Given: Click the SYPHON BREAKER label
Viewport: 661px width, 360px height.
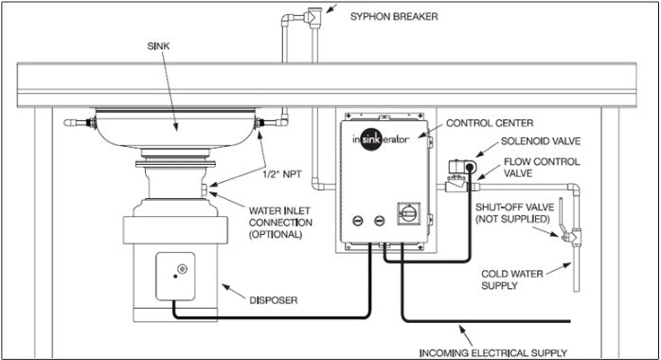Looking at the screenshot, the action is coord(394,17).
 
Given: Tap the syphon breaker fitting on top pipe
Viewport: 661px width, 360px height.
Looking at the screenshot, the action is coord(313,16).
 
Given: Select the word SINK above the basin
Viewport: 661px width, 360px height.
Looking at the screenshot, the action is coord(158,46).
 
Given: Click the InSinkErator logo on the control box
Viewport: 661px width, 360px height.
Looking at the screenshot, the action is coord(381,139).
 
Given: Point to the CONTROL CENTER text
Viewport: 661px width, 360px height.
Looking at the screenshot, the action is coord(490,123).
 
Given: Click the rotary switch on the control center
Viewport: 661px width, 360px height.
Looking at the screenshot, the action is coord(408,213).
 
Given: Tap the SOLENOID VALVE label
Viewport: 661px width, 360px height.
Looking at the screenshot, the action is coord(541,141).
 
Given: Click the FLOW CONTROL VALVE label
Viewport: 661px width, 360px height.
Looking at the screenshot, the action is coord(542,168).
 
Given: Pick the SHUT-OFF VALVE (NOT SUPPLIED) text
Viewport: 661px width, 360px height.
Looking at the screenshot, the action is coord(515,213).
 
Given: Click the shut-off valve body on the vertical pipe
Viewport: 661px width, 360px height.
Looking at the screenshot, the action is coord(573,236).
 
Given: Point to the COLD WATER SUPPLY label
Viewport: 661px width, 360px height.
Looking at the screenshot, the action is coord(511,279).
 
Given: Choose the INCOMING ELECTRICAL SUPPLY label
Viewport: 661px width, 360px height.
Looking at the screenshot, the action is coord(492,352).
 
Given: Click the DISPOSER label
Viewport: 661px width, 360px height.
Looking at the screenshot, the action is coord(273,300).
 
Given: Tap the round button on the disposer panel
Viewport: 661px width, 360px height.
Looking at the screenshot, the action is coord(182,268).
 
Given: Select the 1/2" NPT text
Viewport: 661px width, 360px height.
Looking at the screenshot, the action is coord(282,174).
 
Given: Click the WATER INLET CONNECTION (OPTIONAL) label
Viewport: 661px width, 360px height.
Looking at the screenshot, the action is coord(280,223).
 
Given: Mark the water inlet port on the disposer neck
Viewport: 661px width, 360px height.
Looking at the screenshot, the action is coord(205,190).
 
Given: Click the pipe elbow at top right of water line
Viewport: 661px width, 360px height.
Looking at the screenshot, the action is coord(573,189).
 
